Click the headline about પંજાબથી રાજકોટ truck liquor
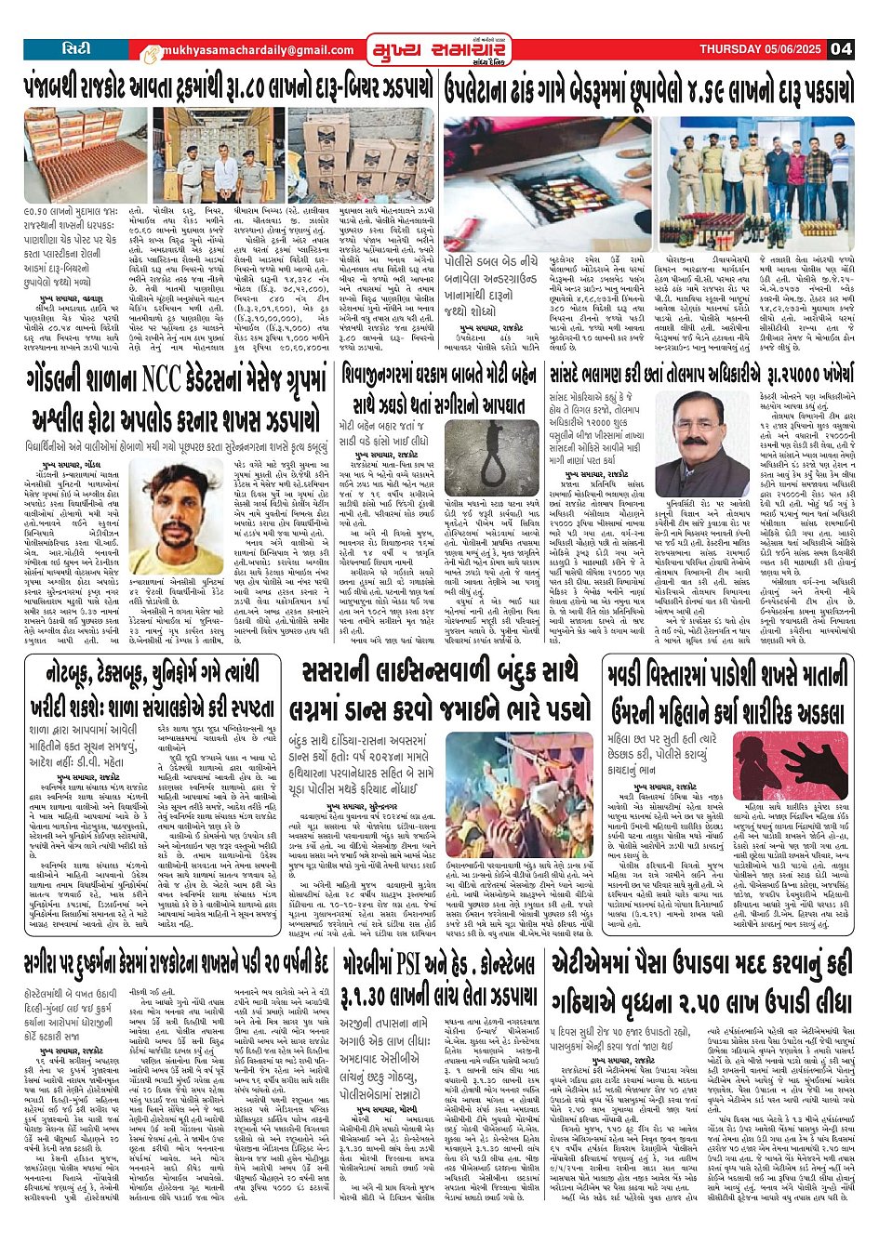point(227,88)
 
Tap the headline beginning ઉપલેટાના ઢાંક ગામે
point(648,88)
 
